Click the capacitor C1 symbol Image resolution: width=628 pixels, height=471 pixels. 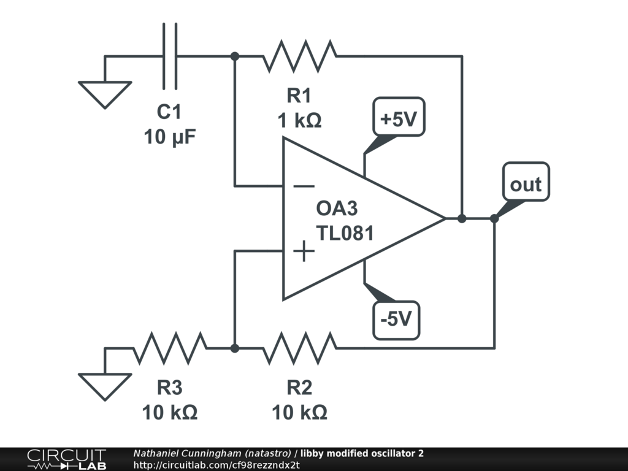(x=170, y=56)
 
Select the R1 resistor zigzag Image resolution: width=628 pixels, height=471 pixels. (x=299, y=56)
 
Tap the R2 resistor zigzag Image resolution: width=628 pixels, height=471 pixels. (x=299, y=348)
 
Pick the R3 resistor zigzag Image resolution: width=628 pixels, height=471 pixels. (x=170, y=348)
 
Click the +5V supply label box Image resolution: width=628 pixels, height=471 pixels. (x=399, y=117)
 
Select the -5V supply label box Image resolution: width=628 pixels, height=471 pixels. (x=396, y=320)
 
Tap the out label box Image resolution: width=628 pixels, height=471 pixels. (x=526, y=182)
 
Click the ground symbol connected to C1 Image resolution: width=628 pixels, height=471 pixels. (x=105, y=94)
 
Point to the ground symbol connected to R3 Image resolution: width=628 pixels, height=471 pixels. (x=105, y=386)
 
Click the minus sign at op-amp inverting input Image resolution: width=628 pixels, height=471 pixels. (x=304, y=186)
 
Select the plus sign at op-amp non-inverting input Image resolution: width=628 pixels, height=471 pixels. (x=304, y=251)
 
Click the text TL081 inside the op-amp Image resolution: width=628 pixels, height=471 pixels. (x=345, y=233)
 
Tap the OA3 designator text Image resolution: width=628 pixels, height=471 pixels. (x=337, y=209)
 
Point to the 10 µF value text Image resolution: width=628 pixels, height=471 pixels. (x=170, y=137)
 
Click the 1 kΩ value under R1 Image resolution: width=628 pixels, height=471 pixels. (x=299, y=120)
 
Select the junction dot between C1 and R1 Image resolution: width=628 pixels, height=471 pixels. (x=235, y=56)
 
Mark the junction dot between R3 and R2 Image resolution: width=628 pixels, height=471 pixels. (x=235, y=348)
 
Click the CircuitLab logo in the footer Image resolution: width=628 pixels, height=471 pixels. (x=66, y=459)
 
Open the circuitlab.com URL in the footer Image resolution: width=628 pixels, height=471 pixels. (x=216, y=465)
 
